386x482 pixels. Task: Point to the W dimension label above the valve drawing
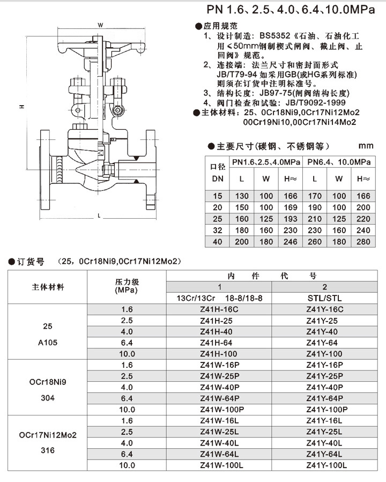(100, 25)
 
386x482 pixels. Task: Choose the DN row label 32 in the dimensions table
(217, 231)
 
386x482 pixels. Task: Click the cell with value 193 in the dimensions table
(289, 219)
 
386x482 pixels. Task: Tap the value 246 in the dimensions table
(289, 242)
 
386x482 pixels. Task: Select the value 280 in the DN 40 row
(363, 242)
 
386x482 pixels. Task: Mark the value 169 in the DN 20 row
(289, 207)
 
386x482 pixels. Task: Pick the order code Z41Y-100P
(326, 409)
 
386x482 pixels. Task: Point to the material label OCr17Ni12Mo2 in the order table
(48, 435)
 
